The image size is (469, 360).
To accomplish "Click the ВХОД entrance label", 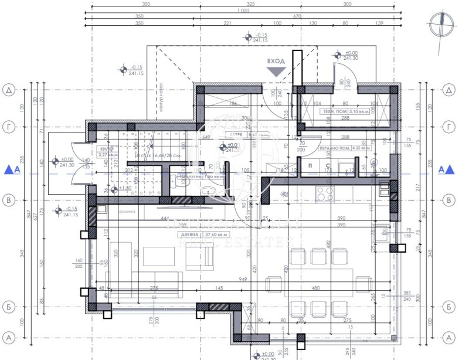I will tap(276, 60).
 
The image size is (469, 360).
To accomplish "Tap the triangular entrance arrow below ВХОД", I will tap(275, 72).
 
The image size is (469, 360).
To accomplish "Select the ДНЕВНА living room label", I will tap(186, 234).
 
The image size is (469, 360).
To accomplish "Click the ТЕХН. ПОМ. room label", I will tap(333, 111).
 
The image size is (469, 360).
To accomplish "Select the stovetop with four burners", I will tap(323, 192).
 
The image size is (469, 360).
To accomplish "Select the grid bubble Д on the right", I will tap(448, 90).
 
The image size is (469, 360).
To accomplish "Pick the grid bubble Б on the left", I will tap(9, 306).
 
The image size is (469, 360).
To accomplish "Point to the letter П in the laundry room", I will tap(310, 166).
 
